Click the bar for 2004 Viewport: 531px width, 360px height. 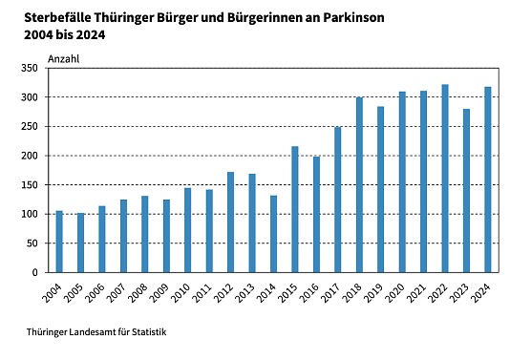point(59,242)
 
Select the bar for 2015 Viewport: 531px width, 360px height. point(295,209)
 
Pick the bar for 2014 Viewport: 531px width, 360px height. point(273,234)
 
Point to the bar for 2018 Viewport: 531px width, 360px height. point(359,185)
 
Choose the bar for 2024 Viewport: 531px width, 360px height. point(488,180)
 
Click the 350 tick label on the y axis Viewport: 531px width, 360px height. point(30,69)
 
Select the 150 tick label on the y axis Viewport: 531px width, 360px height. point(30,185)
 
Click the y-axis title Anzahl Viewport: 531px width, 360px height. point(63,58)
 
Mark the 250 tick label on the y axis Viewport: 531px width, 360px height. point(30,127)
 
